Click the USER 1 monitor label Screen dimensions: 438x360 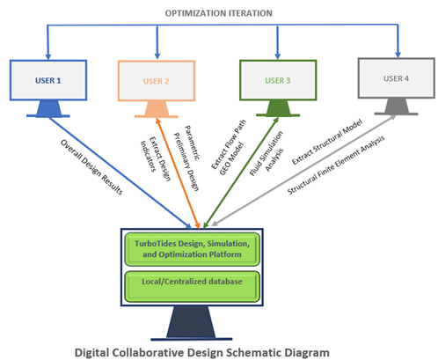pyautogui.click(x=48, y=80)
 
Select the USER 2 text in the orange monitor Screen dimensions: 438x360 pyautogui.click(x=156, y=81)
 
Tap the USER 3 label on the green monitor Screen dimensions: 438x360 pyautogui.click(x=278, y=80)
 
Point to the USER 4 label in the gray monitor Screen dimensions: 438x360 pyautogui.click(x=396, y=78)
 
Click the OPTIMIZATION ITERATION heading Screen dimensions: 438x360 pyautogui.click(x=219, y=13)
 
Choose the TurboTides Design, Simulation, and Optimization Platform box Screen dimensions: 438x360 pyautogui.click(x=192, y=249)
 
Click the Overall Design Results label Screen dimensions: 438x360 pyautogui.click(x=91, y=166)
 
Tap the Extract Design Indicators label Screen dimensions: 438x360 pyautogui.click(x=156, y=158)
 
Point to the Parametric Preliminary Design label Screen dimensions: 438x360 pyautogui.click(x=186, y=158)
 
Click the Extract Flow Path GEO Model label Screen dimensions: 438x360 pyautogui.click(x=229, y=148)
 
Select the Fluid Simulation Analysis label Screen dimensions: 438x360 pyautogui.click(x=266, y=153)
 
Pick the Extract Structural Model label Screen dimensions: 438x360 pyautogui.click(x=327, y=142)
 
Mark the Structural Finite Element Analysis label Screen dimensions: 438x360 pyautogui.click(x=336, y=165)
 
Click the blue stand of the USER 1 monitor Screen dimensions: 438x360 pyautogui.click(x=48, y=109)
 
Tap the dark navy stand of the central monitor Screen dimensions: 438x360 pyautogui.click(x=192, y=323)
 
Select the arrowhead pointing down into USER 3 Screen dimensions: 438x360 pyautogui.click(x=278, y=55)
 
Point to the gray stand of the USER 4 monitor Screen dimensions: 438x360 pyautogui.click(x=396, y=107)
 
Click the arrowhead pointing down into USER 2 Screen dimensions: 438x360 pyautogui.click(x=157, y=55)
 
